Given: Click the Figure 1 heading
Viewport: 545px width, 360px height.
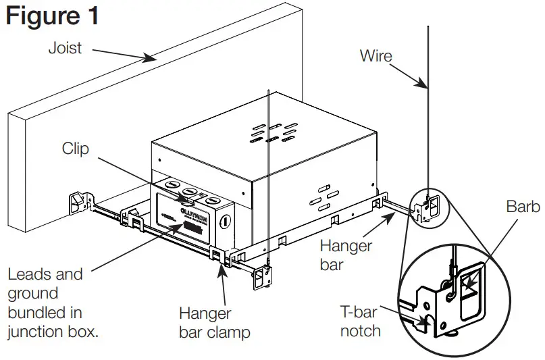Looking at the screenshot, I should pyautogui.click(x=52, y=16).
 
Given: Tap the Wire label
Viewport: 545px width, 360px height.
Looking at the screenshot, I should pyautogui.click(x=376, y=55).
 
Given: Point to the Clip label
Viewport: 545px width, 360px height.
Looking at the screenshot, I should pyautogui.click(x=75, y=149).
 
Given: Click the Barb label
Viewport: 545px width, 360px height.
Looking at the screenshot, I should pyautogui.click(x=523, y=207).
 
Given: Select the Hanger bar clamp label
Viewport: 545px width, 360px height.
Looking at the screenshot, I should pyautogui.click(x=214, y=323).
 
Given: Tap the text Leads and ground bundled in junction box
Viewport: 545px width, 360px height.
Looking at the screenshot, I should pyautogui.click(x=53, y=303).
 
